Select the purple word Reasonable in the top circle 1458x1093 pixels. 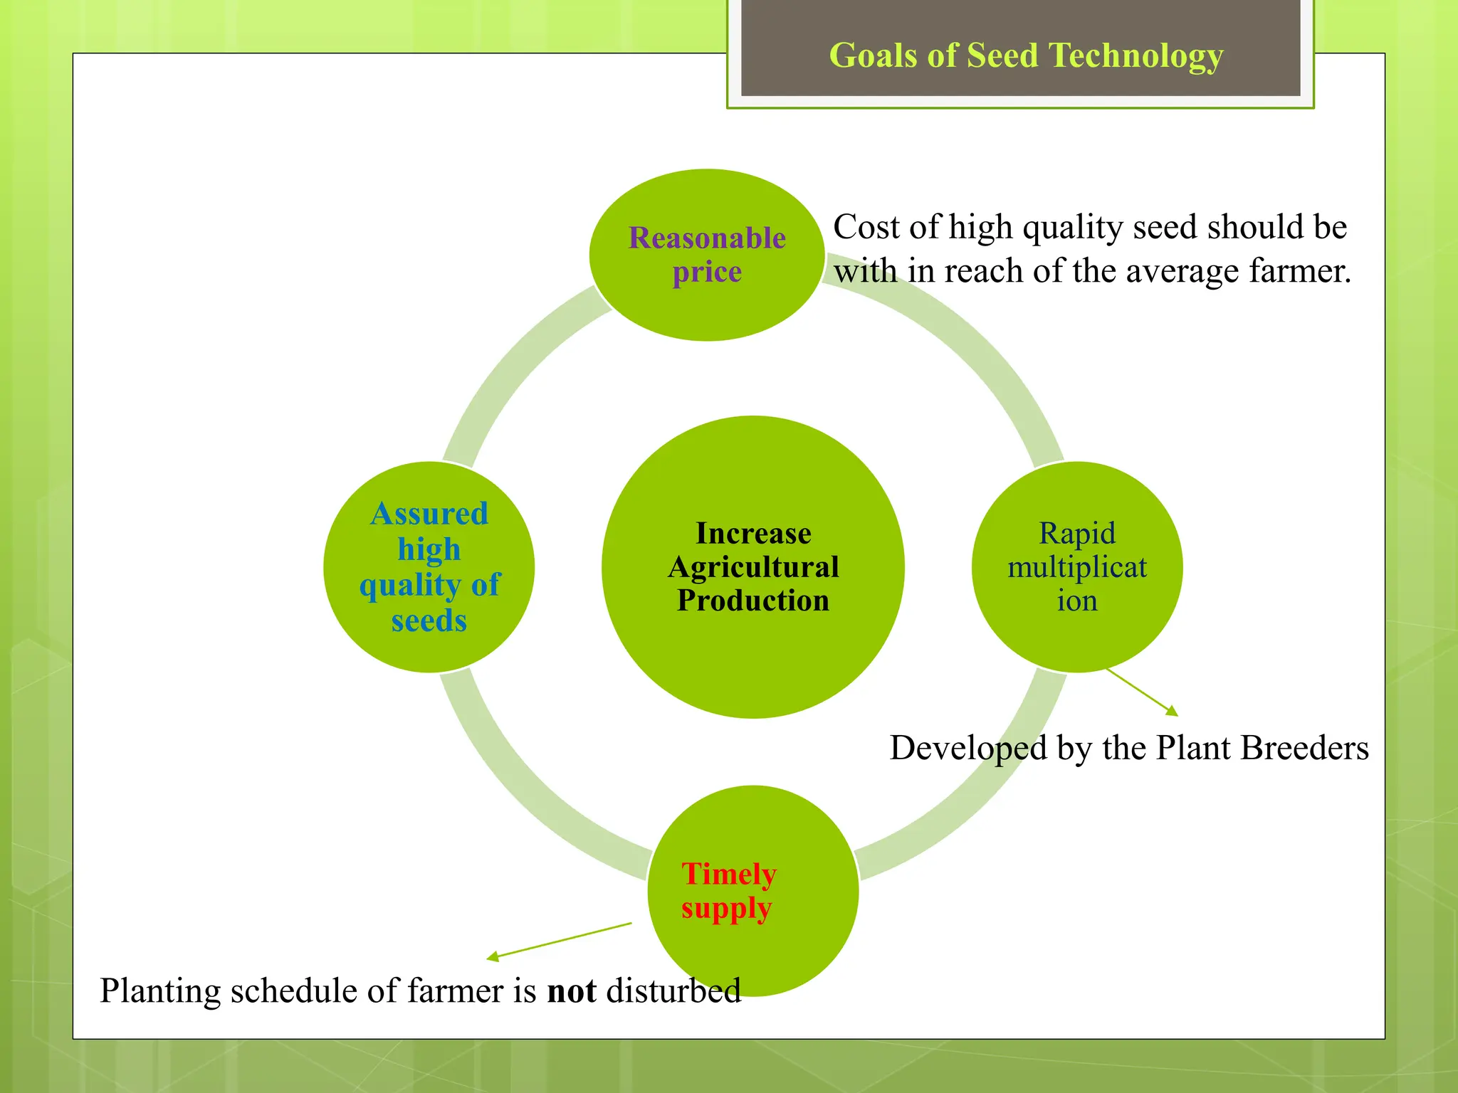pos(707,238)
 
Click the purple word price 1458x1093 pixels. pos(707,273)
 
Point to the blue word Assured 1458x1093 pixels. pos(429,514)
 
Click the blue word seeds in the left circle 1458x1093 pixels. pos(429,621)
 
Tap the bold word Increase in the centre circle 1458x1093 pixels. pos(753,533)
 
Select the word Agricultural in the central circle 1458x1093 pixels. pos(753,567)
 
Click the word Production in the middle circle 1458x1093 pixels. pos(753,601)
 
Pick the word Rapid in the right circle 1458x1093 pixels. pos(1076,533)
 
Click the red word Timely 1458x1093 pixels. pos(728,874)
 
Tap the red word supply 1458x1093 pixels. pos(726,909)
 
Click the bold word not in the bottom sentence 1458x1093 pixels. pos(571,991)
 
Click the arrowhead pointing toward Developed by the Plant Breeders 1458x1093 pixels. pos(1173,711)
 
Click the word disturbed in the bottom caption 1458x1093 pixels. pos(673,991)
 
